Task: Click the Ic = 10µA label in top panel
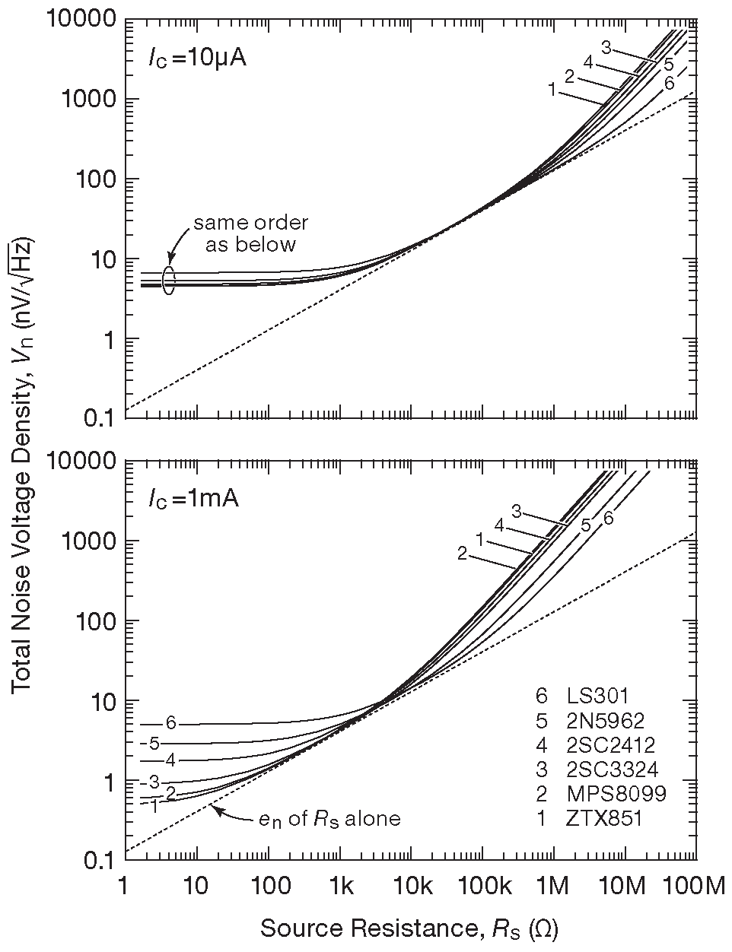click(196, 59)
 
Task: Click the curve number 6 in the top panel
click(669, 84)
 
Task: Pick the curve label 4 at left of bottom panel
click(170, 760)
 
